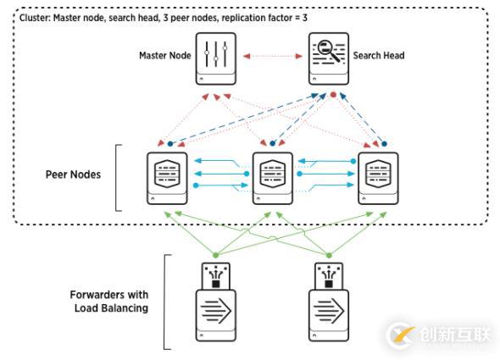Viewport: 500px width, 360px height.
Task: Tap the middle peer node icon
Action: [x=271, y=178]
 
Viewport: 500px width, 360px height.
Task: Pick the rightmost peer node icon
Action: [x=377, y=178]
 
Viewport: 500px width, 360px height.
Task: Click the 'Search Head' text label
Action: [x=378, y=56]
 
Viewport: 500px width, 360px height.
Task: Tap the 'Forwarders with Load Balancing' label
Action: [x=109, y=302]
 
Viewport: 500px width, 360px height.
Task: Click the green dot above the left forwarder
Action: [x=215, y=253]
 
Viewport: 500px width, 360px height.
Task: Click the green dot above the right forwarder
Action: [x=326, y=253]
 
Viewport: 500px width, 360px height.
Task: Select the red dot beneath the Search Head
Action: [x=334, y=95]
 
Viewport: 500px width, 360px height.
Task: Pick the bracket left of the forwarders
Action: [x=166, y=302]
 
